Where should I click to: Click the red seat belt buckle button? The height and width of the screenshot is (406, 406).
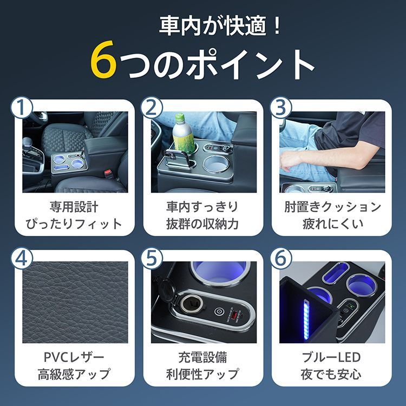click(x=108, y=174)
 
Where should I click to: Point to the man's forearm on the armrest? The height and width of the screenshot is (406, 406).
click(x=309, y=159)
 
